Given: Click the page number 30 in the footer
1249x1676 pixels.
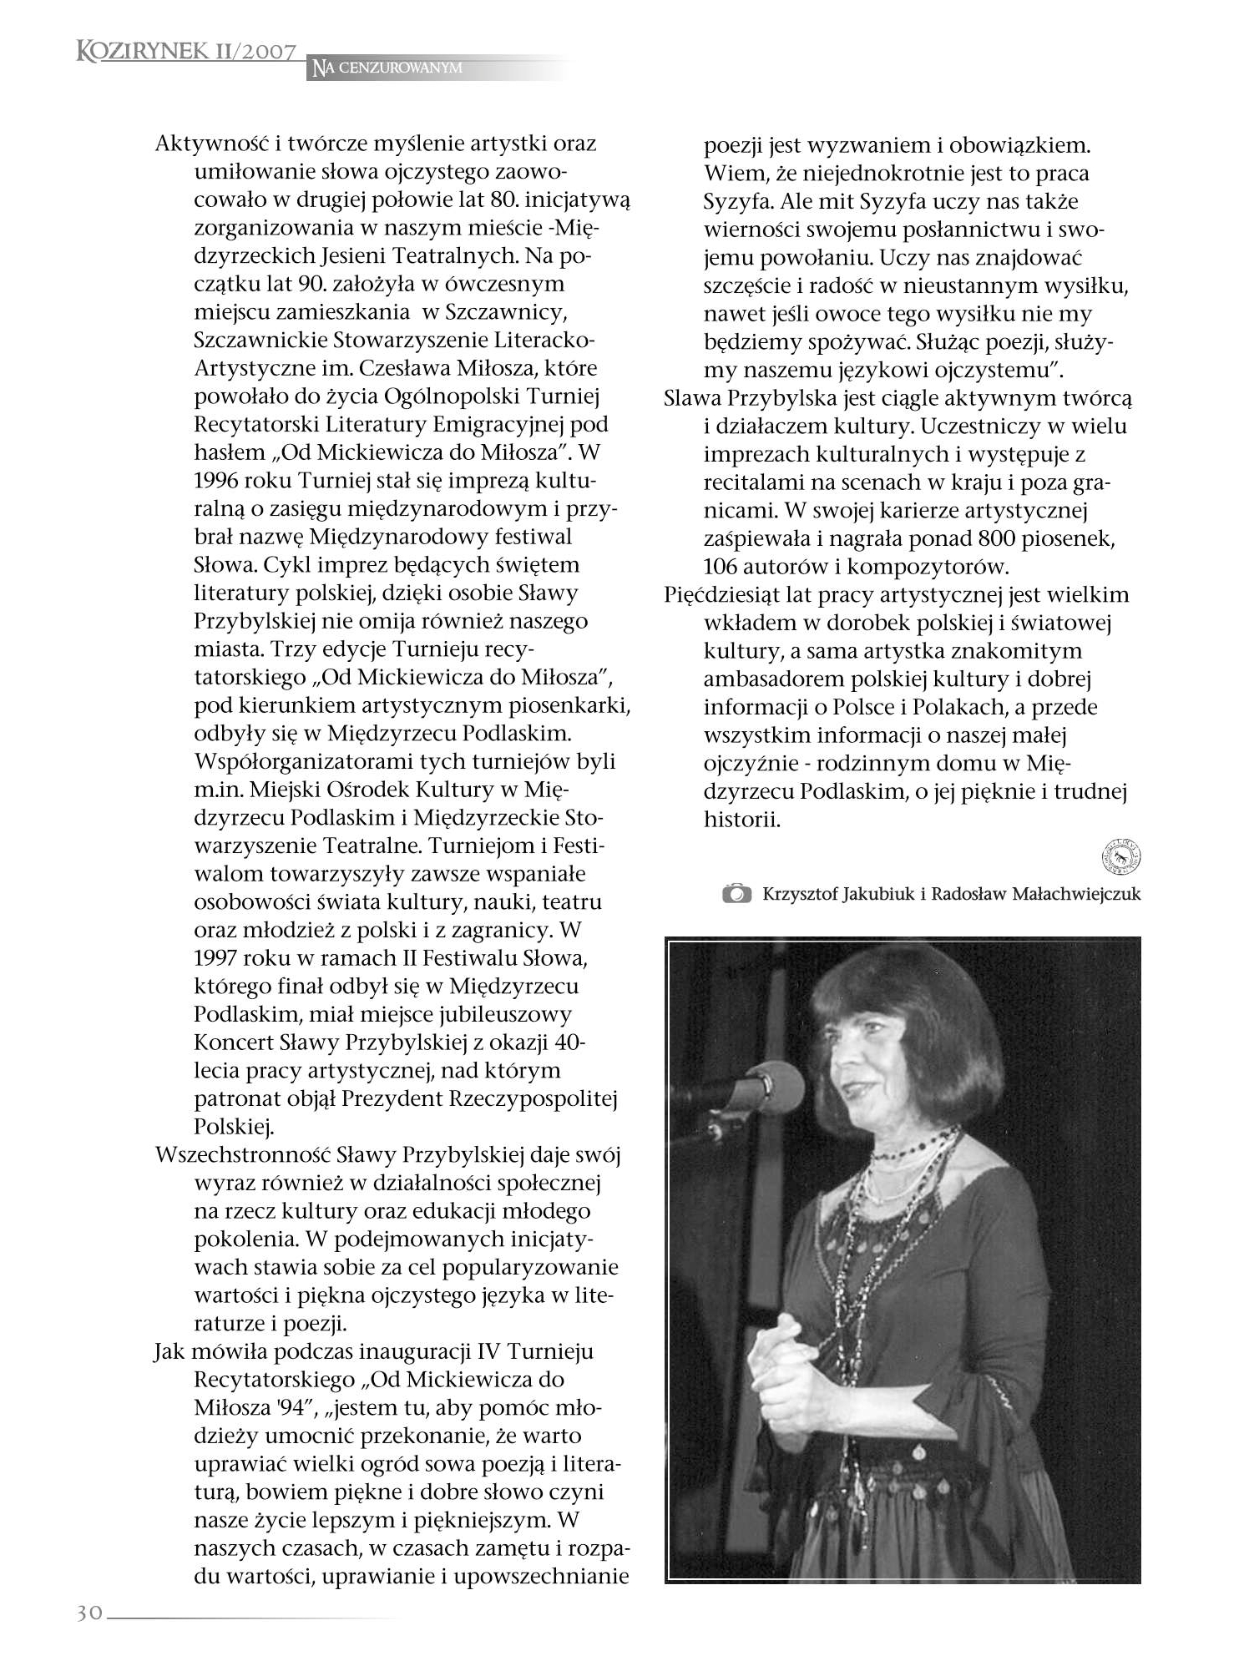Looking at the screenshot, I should (x=88, y=1613).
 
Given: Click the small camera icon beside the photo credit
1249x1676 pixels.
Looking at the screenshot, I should (x=736, y=894).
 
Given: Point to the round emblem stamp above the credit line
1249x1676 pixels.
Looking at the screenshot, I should (x=1126, y=857).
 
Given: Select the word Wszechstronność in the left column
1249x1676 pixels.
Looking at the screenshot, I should (x=242, y=1155).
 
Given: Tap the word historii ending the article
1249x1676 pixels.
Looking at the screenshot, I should (x=741, y=820).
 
